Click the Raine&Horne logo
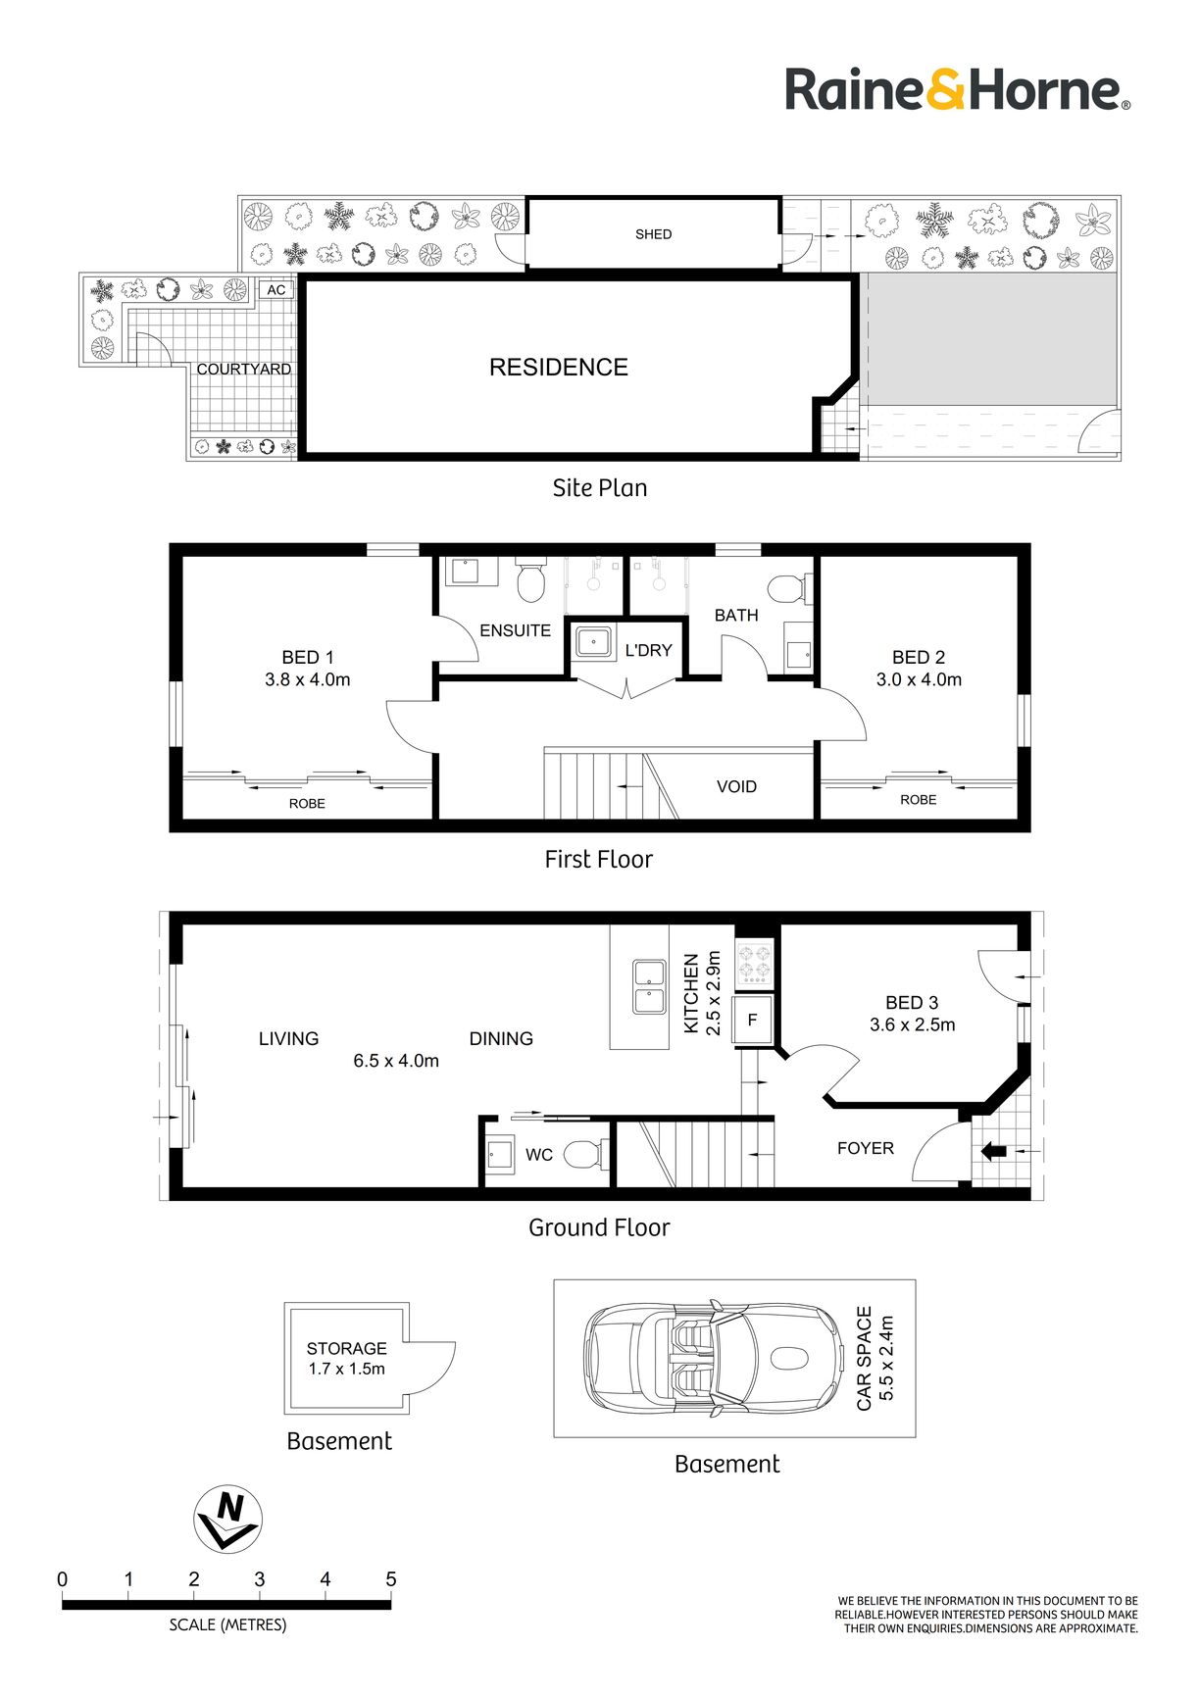958,90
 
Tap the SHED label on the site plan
653,234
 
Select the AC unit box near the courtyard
276,290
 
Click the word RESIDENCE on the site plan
559,368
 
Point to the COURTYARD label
244,370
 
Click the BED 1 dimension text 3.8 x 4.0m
308,679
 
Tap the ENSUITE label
515,630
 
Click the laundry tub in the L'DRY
593,643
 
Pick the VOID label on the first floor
736,786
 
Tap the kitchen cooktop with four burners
755,962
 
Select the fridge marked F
753,1020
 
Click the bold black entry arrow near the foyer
993,1151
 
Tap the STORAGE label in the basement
346,1348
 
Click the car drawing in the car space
715,1358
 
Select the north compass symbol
228,1519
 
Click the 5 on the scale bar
390,1579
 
